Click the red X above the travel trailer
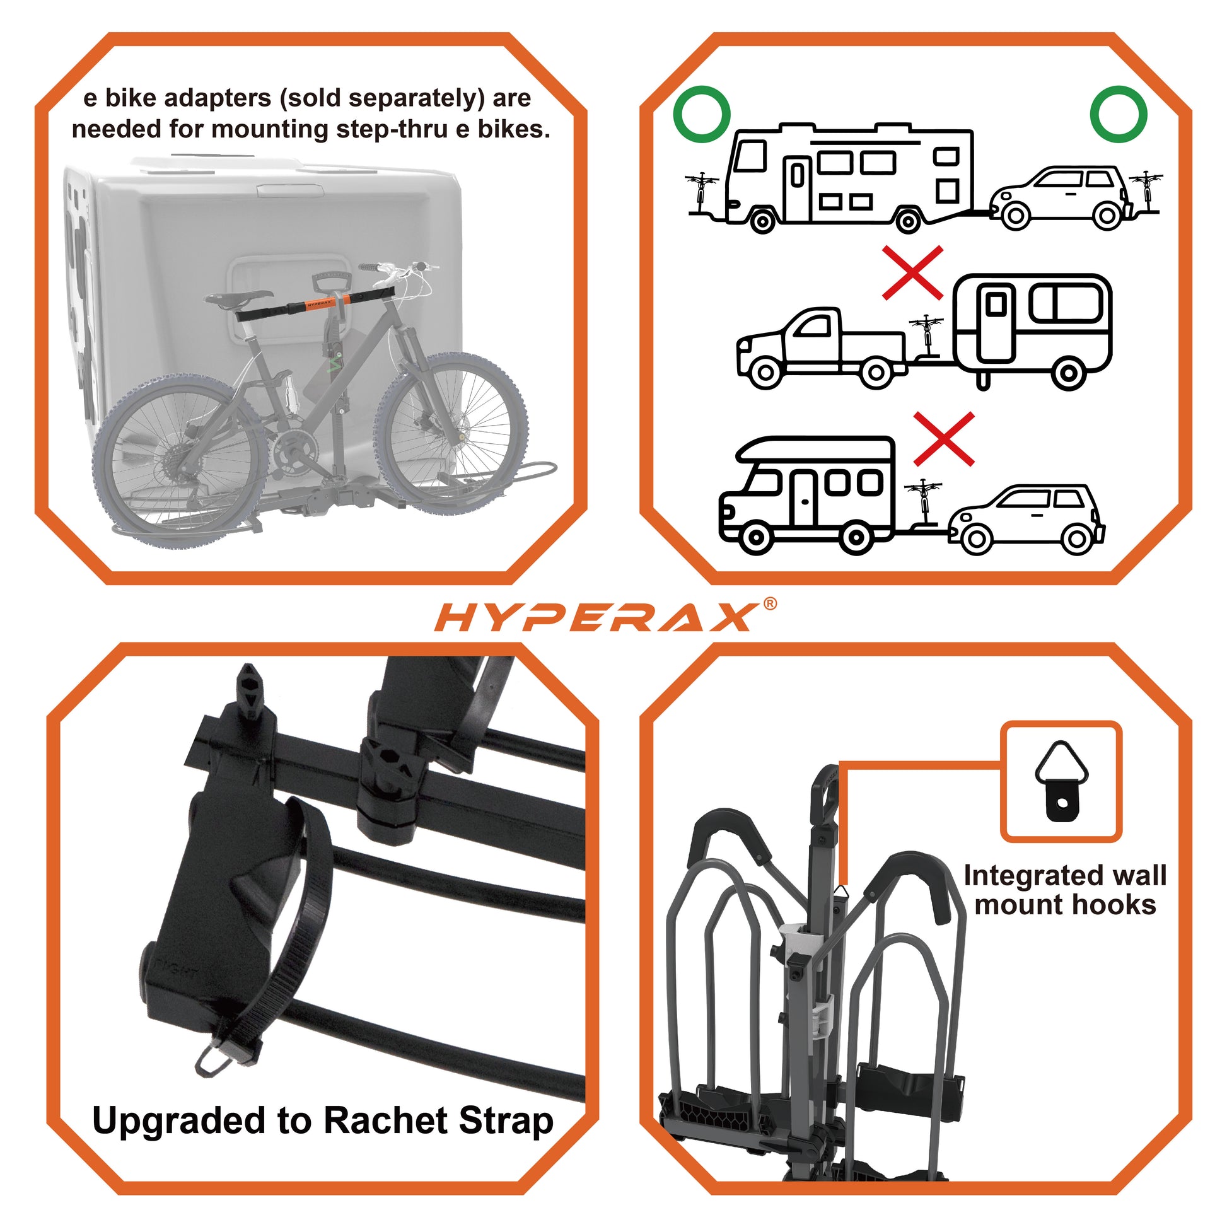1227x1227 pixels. tap(912, 273)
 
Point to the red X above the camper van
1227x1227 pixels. tap(943, 438)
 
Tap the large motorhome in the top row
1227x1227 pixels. tap(851, 178)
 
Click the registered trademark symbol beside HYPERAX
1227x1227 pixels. tap(769, 604)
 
